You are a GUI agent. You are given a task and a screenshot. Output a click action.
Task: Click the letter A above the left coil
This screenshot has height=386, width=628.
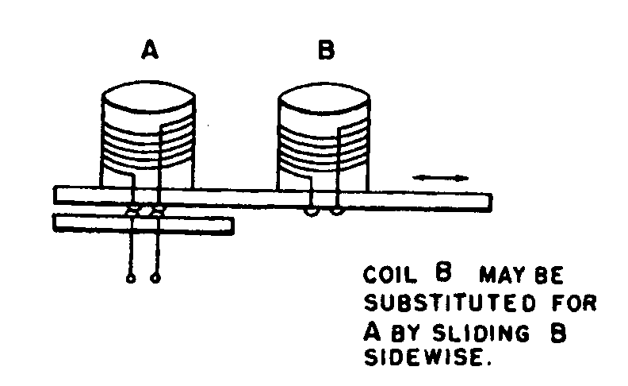pyautogui.click(x=150, y=50)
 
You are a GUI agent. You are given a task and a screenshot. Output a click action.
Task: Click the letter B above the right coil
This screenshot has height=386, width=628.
pyautogui.click(x=326, y=50)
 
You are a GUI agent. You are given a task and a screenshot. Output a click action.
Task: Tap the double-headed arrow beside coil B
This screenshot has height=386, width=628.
pyautogui.click(x=441, y=178)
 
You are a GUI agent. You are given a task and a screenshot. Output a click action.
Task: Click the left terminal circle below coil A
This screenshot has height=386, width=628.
pyautogui.click(x=131, y=278)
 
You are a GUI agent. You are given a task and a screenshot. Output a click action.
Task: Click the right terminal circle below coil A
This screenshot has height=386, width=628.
pyautogui.click(x=155, y=278)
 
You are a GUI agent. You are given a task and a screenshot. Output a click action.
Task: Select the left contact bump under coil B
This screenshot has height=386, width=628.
pyautogui.click(x=312, y=212)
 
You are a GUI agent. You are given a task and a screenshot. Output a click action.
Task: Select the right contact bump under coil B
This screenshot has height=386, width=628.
pyautogui.click(x=336, y=211)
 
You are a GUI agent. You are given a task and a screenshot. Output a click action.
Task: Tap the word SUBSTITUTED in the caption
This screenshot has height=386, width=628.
pyautogui.click(x=450, y=303)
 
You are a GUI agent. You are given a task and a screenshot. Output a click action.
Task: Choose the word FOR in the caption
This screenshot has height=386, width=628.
pyautogui.click(x=574, y=303)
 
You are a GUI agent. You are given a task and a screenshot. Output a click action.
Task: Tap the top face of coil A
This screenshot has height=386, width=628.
pyautogui.click(x=148, y=96)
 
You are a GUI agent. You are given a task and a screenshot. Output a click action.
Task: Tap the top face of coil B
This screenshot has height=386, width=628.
pyautogui.click(x=324, y=98)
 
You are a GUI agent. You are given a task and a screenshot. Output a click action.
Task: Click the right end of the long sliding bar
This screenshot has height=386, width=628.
pyautogui.click(x=492, y=203)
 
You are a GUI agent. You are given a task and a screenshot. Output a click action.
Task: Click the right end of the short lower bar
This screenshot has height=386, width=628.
pyautogui.click(x=233, y=226)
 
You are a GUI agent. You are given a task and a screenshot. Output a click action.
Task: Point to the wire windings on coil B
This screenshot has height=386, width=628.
pyautogui.click(x=324, y=147)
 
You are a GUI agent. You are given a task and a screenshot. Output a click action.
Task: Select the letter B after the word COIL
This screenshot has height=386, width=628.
pyautogui.click(x=443, y=272)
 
